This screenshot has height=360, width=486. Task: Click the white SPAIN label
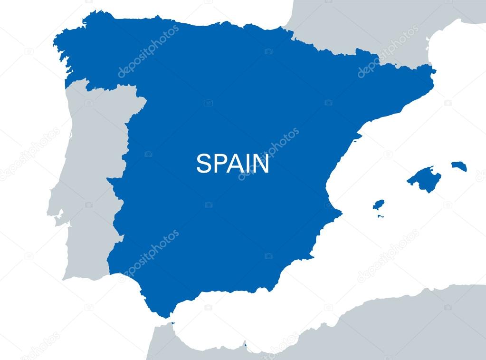tap(232, 164)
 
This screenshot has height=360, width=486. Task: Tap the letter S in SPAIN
tap(203, 164)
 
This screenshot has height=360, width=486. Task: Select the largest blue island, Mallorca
tap(424, 179)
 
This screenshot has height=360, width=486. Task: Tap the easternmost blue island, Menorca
tap(459, 166)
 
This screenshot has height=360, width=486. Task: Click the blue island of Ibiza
tap(378, 205)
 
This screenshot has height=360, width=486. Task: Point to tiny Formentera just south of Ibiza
tap(381, 216)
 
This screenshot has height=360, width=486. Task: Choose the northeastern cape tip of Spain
tap(434, 71)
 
